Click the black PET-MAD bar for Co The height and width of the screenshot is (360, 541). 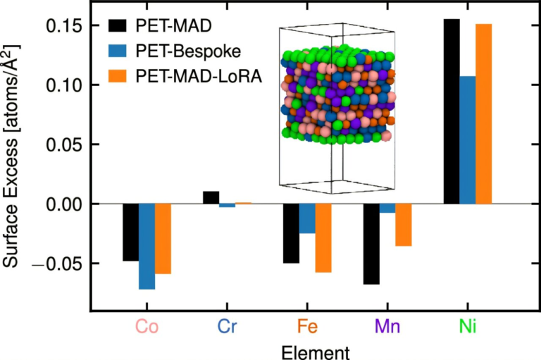tap(130, 232)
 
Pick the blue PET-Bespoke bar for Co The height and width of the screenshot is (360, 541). tap(147, 247)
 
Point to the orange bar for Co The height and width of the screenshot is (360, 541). tap(163, 239)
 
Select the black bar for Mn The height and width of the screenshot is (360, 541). tap(371, 244)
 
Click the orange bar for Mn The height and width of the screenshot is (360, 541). tap(403, 225)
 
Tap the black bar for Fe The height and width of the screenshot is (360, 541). tap(291, 233)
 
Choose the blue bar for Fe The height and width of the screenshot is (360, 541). tap(307, 218)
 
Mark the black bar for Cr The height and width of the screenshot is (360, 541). tap(211, 197)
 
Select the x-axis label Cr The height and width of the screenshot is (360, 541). tap(227, 326)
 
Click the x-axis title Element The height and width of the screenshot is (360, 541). tap(307, 349)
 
